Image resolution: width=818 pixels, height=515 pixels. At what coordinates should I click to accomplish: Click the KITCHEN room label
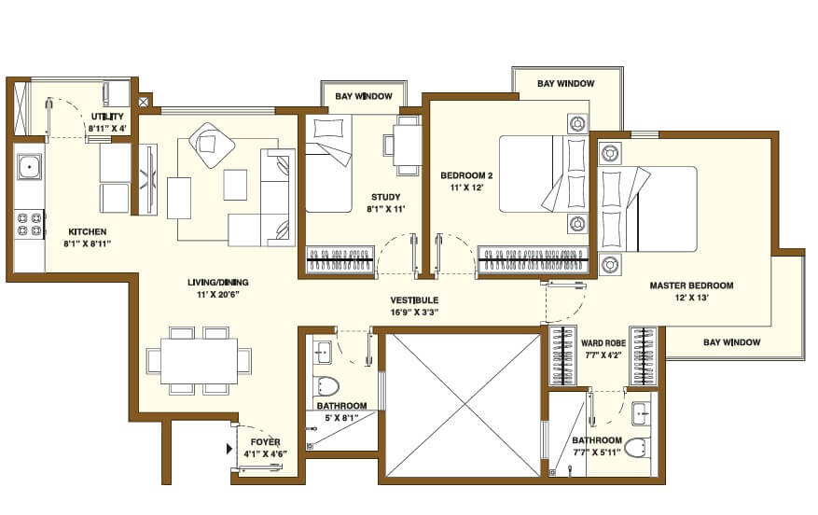(x=88, y=230)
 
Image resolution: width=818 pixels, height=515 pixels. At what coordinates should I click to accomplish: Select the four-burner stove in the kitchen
(x=30, y=223)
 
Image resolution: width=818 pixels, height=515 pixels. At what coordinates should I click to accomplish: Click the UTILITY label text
(x=106, y=116)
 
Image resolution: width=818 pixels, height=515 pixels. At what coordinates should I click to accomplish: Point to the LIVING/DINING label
(x=216, y=282)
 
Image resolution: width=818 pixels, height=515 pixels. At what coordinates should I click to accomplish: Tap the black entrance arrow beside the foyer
(x=229, y=449)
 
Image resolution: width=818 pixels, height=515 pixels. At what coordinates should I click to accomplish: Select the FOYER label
(x=266, y=441)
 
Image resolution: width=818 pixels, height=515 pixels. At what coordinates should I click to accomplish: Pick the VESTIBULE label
(x=415, y=299)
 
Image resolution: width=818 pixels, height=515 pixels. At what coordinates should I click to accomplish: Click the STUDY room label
(x=385, y=197)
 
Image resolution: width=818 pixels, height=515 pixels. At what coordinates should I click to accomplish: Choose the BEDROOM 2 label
(x=466, y=174)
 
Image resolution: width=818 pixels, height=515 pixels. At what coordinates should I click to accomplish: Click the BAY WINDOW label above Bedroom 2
(x=565, y=84)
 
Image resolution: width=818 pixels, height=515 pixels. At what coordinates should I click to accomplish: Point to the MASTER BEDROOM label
(x=691, y=285)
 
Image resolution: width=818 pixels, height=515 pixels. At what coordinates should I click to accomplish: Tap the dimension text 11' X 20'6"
(x=216, y=294)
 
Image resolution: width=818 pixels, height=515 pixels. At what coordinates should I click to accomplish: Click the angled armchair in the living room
(x=213, y=145)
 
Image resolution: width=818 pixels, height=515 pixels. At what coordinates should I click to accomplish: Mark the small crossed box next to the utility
(x=144, y=101)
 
